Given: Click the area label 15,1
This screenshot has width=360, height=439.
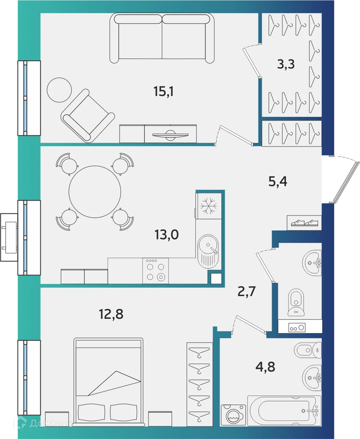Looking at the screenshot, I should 163,91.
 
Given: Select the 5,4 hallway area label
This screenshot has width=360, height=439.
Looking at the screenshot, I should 278,181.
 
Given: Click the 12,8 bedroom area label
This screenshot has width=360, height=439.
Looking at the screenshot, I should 111,314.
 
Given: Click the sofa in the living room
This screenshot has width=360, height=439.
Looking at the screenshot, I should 162,38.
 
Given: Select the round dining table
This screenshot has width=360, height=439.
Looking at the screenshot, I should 95,192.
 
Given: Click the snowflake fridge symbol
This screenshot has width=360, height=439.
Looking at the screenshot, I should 209,206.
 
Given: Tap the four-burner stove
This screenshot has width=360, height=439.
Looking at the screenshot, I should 155,271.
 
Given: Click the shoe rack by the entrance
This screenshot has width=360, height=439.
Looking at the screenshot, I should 304,223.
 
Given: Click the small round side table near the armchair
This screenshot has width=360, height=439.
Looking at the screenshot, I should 59,90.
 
